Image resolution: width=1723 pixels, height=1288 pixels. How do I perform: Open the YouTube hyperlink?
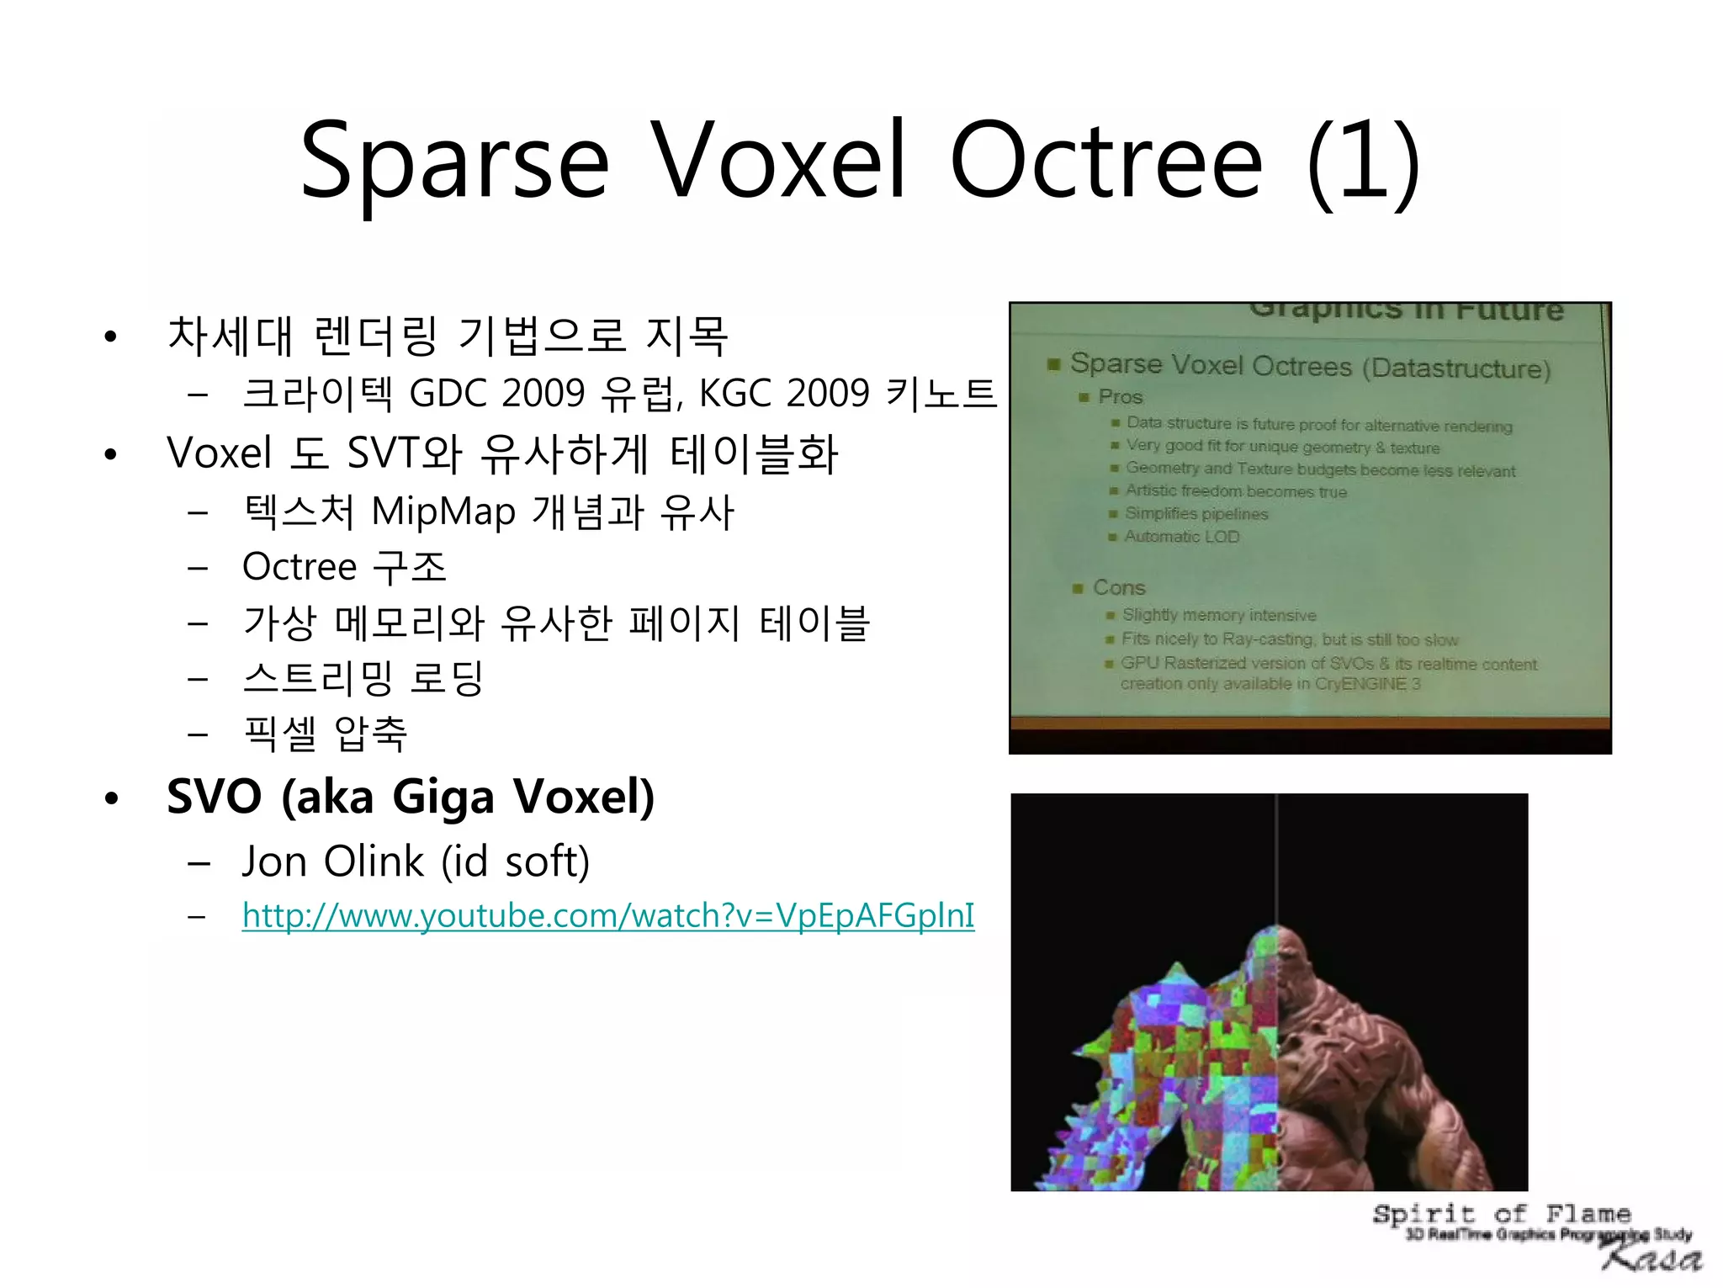click(607, 915)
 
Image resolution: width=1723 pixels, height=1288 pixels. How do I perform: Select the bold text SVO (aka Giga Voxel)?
click(410, 797)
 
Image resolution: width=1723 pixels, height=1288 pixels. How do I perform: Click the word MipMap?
click(443, 511)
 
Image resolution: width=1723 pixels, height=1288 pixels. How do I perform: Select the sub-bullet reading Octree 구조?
click(343, 567)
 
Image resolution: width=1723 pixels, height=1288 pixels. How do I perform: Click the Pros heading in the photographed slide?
click(1120, 397)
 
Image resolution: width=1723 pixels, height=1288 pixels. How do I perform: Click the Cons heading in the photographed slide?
click(1118, 587)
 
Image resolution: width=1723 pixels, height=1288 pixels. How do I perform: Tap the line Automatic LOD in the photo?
click(1181, 537)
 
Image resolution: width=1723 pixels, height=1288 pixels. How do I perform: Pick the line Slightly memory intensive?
click(1218, 615)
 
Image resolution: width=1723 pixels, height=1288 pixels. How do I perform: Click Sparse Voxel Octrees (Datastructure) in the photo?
click(1309, 366)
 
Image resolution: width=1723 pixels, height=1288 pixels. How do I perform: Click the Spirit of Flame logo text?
click(1501, 1214)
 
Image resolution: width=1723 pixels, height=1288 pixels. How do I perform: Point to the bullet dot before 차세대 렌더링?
click(110, 337)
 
